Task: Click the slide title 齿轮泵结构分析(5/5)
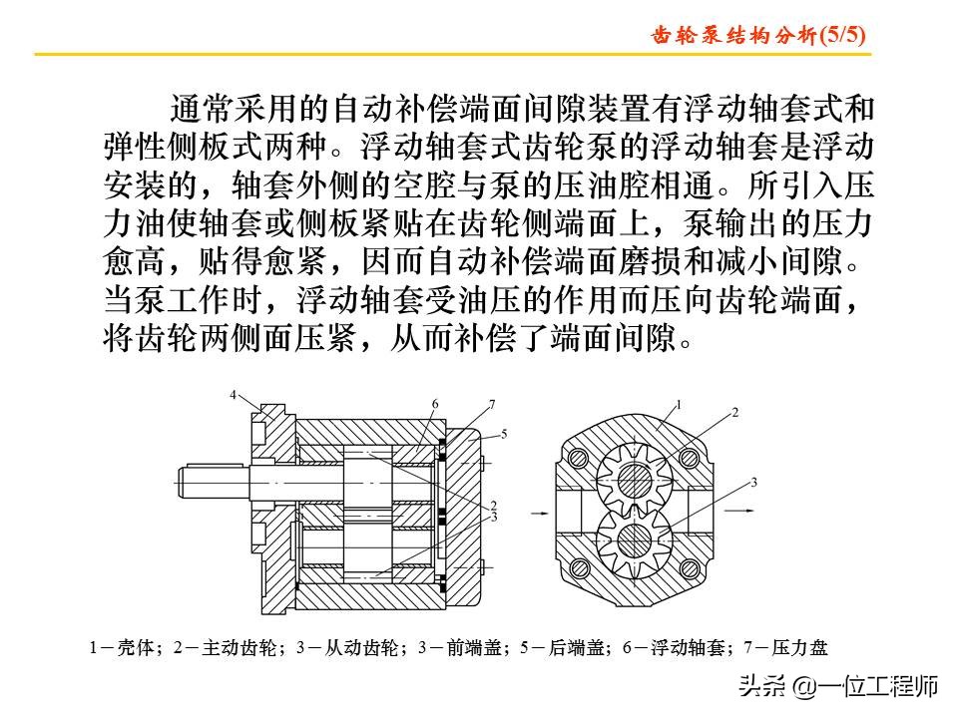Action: pos(757,35)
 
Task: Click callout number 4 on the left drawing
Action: pos(234,396)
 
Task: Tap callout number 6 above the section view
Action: pos(436,404)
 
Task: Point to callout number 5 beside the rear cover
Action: pos(504,434)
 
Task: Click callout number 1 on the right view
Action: pos(679,404)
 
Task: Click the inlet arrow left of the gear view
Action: pos(536,514)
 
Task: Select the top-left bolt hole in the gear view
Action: pos(577,457)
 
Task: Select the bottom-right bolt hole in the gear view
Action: pos(689,569)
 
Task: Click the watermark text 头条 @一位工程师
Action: pos(838,687)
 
